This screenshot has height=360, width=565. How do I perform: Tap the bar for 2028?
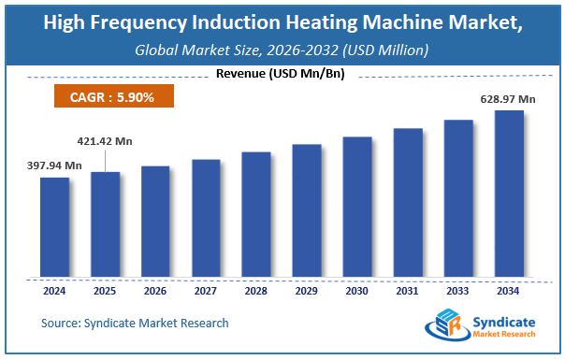pos(256,214)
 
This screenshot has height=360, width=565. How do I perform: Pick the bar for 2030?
pos(357,207)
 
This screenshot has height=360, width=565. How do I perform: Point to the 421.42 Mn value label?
pos(105,142)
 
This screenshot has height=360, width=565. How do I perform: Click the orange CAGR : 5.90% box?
pos(109,95)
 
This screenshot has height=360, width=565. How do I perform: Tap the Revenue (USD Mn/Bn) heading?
pos(282,73)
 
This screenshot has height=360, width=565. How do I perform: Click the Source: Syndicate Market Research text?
pos(135,323)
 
